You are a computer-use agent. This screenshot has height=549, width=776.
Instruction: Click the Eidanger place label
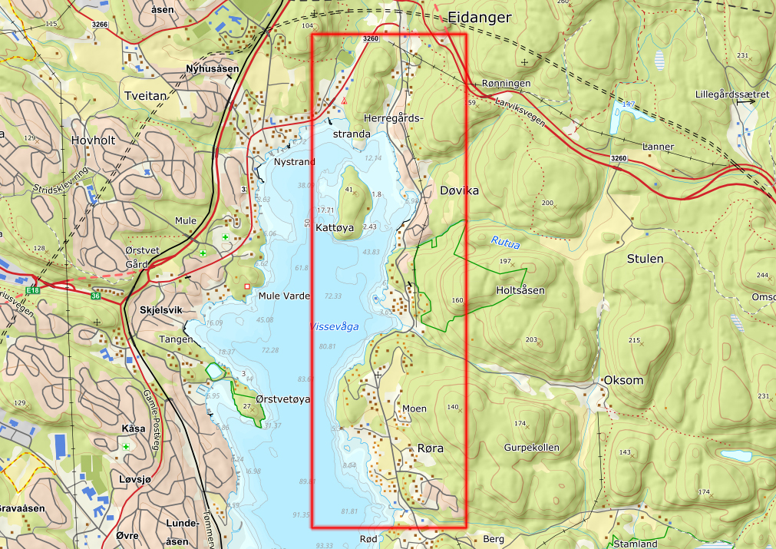pos(479,16)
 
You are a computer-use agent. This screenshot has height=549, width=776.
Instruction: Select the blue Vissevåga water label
pos(334,326)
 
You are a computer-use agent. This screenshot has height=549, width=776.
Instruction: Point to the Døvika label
pos(460,190)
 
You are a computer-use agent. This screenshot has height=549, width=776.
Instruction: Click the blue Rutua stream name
pos(505,244)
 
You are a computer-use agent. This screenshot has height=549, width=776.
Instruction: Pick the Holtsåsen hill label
pos(520,290)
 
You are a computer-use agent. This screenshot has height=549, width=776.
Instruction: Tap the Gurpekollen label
pos(532,448)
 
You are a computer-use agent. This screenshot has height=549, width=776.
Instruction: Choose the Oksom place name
pos(624,380)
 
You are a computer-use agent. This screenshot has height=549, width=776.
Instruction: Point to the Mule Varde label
pos(284,296)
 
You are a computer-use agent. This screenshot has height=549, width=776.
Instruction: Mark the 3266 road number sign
pos(99,25)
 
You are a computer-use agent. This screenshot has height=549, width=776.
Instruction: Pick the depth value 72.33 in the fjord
pos(333,296)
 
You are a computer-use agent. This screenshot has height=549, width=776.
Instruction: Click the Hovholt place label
pos(93,141)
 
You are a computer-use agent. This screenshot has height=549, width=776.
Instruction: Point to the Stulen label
pos(645,259)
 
